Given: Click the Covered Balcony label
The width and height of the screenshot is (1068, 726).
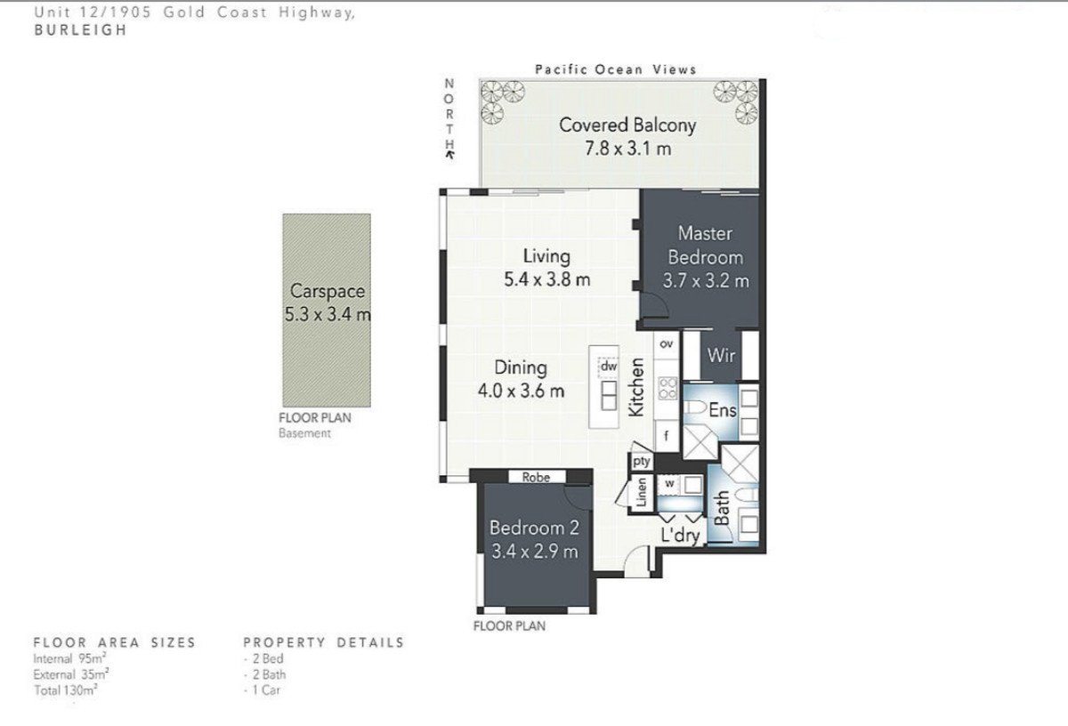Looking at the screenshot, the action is tap(627, 125).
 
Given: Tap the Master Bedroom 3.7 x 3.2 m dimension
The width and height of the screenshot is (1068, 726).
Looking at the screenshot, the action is tap(706, 281).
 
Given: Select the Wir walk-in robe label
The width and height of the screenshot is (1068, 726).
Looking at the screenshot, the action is tap(721, 355).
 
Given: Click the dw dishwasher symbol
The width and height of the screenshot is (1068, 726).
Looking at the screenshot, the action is tap(609, 367).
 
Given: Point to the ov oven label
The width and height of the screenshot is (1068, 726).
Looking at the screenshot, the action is tap(666, 343).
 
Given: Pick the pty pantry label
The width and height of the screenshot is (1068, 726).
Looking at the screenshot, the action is tap(642, 462).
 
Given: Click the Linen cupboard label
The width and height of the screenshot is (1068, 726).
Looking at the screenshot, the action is tap(642, 492).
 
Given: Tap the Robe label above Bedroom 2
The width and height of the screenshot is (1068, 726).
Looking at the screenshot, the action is tap(536, 477).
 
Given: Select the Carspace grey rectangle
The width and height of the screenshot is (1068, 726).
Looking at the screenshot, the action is tap(327, 311).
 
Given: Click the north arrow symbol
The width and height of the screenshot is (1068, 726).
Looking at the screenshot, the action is tap(449, 154).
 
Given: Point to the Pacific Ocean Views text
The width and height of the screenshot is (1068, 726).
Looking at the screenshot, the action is tap(616, 69).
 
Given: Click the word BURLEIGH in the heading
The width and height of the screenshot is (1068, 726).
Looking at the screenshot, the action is tap(81, 30).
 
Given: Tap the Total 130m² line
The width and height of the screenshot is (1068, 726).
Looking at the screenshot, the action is tap(66, 690).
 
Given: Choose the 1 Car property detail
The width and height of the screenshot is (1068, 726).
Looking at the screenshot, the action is tap(262, 690).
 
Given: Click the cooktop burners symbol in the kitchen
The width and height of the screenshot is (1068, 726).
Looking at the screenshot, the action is tap(667, 388).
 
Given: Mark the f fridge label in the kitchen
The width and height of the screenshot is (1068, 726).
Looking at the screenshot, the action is tap(666, 436).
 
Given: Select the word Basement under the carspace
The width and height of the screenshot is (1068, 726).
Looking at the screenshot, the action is tap(304, 433).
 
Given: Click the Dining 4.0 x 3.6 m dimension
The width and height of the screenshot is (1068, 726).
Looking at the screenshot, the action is tap(522, 391).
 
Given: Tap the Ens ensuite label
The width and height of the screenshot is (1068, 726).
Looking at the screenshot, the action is tap(723, 410).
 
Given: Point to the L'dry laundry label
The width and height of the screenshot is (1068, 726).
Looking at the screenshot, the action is tap(680, 536).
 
